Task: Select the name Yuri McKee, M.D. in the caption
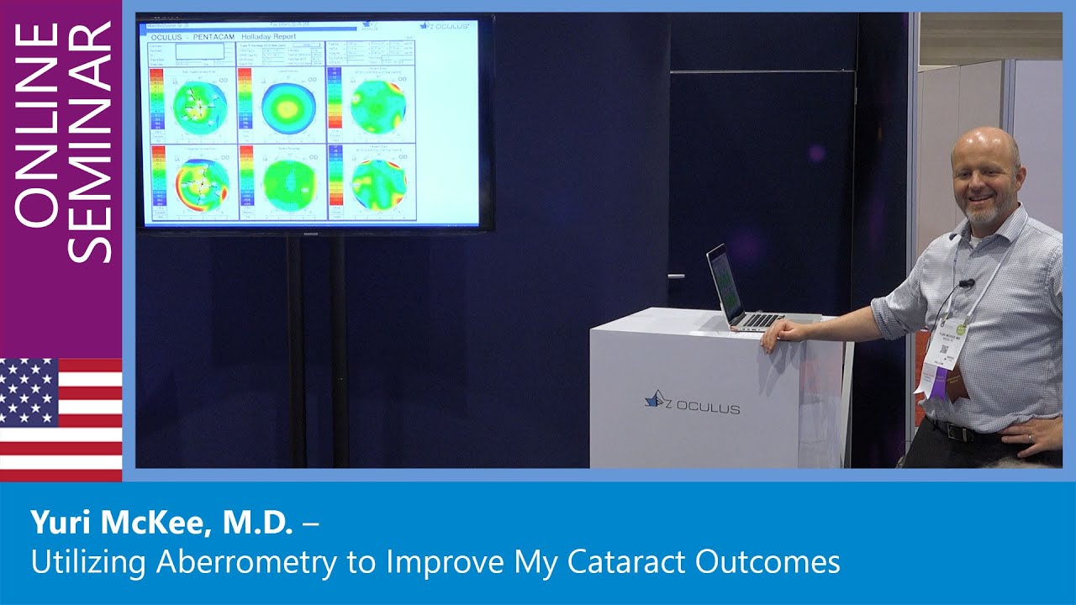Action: [161, 523]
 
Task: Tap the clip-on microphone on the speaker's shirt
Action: [968, 284]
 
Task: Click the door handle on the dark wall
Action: [674, 276]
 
